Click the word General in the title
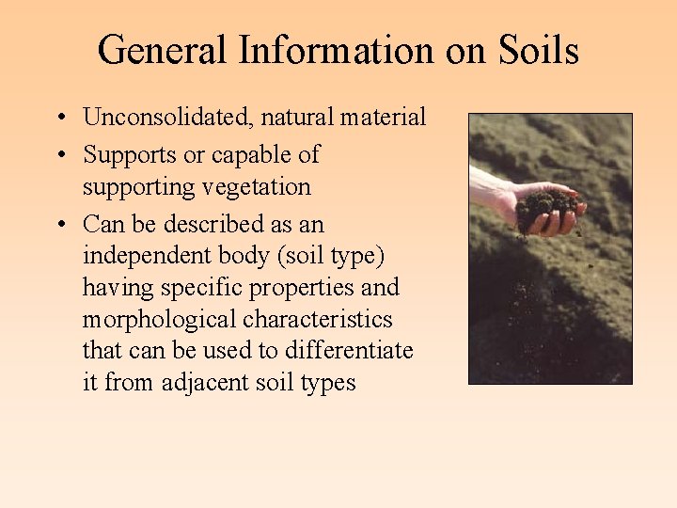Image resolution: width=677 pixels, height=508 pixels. coord(163,50)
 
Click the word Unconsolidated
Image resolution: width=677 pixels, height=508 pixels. coord(168,118)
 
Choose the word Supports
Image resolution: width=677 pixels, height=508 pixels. coord(123,154)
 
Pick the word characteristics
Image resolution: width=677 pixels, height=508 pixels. coord(323,319)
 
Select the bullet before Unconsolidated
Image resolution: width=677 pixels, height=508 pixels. coord(59,119)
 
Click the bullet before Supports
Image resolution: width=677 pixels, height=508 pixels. coord(59,155)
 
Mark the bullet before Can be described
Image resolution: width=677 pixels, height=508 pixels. coord(59,225)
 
